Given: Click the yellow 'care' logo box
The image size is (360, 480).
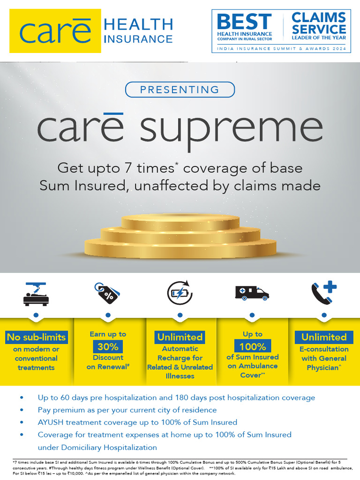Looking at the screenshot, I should [55, 31].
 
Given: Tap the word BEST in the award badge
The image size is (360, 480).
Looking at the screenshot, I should [244, 22].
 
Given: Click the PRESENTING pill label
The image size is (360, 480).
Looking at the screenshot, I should [180, 90].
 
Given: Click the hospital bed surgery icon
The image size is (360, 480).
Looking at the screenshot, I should [36, 294].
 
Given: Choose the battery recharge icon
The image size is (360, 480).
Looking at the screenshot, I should [180, 293].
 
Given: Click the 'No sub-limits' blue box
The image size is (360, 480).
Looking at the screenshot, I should [36, 337].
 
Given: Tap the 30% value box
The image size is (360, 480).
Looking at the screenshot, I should [108, 347].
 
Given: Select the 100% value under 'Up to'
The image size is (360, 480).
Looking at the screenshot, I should [252, 347].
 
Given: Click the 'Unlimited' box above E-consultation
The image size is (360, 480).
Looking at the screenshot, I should [324, 337].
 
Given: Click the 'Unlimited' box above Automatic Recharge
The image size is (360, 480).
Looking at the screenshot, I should [180, 337].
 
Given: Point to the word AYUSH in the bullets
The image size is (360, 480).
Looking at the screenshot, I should [51, 422].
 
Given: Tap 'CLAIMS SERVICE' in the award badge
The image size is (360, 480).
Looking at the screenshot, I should [319, 23].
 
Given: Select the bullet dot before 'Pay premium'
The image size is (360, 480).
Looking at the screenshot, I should [22, 410].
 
